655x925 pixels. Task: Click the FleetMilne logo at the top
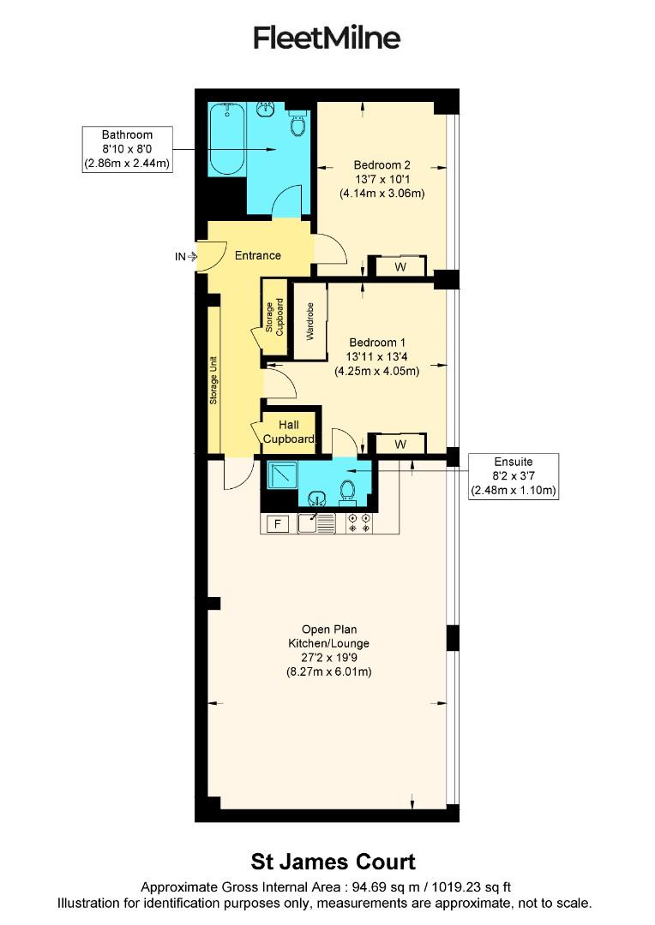327,39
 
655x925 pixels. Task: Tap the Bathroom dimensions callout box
127,150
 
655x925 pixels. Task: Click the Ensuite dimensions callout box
514,476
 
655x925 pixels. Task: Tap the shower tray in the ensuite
281,474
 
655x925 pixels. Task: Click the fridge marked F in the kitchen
277,524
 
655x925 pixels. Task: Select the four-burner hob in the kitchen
358,523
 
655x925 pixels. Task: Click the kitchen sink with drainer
316,523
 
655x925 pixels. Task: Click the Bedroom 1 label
377,357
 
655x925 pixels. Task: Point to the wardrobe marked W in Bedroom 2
400,266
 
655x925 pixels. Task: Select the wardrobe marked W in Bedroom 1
400,445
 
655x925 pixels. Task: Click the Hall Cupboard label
288,432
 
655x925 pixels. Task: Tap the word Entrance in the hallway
258,255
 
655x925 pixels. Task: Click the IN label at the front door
180,256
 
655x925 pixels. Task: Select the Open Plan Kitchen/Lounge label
328,657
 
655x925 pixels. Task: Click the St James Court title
333,861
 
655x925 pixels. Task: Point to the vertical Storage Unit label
213,380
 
